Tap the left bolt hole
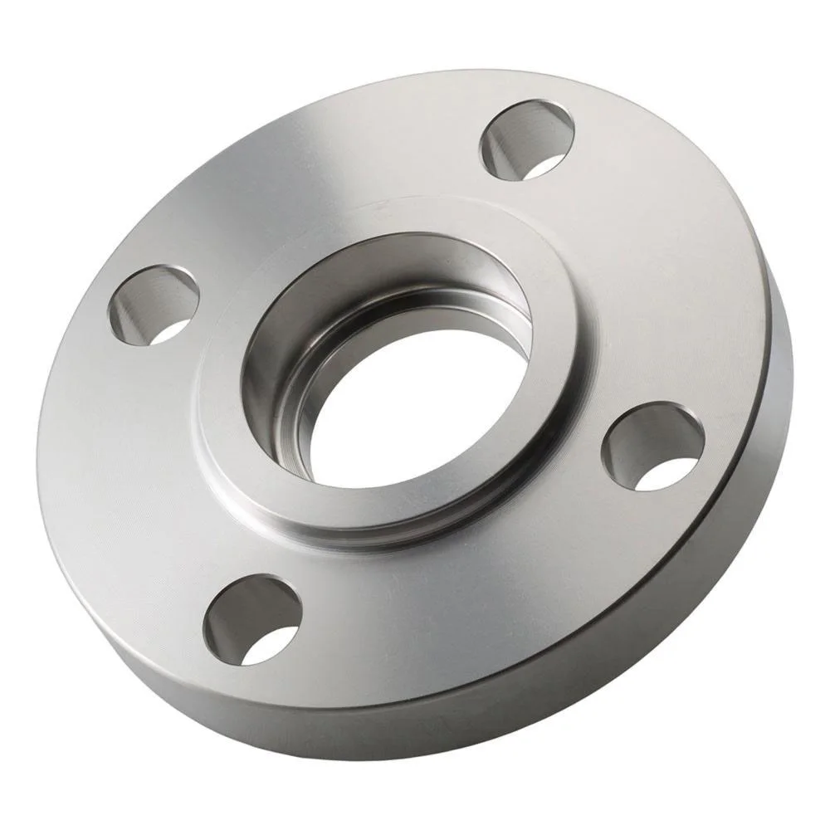[154, 305]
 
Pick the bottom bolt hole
[251, 619]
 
